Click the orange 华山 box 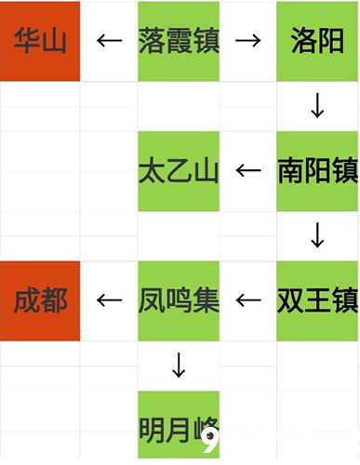pyautogui.click(x=40, y=41)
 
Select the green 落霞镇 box pyautogui.click(x=178, y=41)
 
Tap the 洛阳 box pyautogui.click(x=317, y=41)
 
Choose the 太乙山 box pyautogui.click(x=178, y=170)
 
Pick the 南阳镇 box pyautogui.click(x=317, y=170)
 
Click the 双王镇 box pyautogui.click(x=317, y=300)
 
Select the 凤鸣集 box pyautogui.click(x=178, y=300)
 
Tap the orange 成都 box pyautogui.click(x=40, y=300)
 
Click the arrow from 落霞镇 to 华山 pyautogui.click(x=110, y=41)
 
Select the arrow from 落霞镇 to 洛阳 pyautogui.click(x=247, y=41)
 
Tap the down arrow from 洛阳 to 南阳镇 pyautogui.click(x=317, y=107)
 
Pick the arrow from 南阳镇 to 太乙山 pyautogui.click(x=247, y=170)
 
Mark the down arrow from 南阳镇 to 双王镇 pyautogui.click(x=317, y=236)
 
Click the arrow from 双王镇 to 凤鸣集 pyautogui.click(x=247, y=300)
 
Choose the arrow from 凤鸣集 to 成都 pyautogui.click(x=110, y=300)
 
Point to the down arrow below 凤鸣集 pyautogui.click(x=179, y=365)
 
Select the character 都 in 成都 pyautogui.click(x=55, y=300)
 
